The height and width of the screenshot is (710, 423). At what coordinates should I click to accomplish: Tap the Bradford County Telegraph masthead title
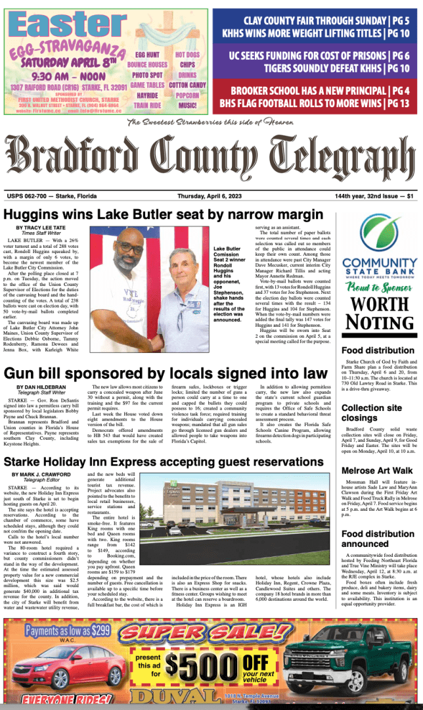[211, 156]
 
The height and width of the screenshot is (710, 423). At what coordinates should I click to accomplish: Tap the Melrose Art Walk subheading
[377, 470]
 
